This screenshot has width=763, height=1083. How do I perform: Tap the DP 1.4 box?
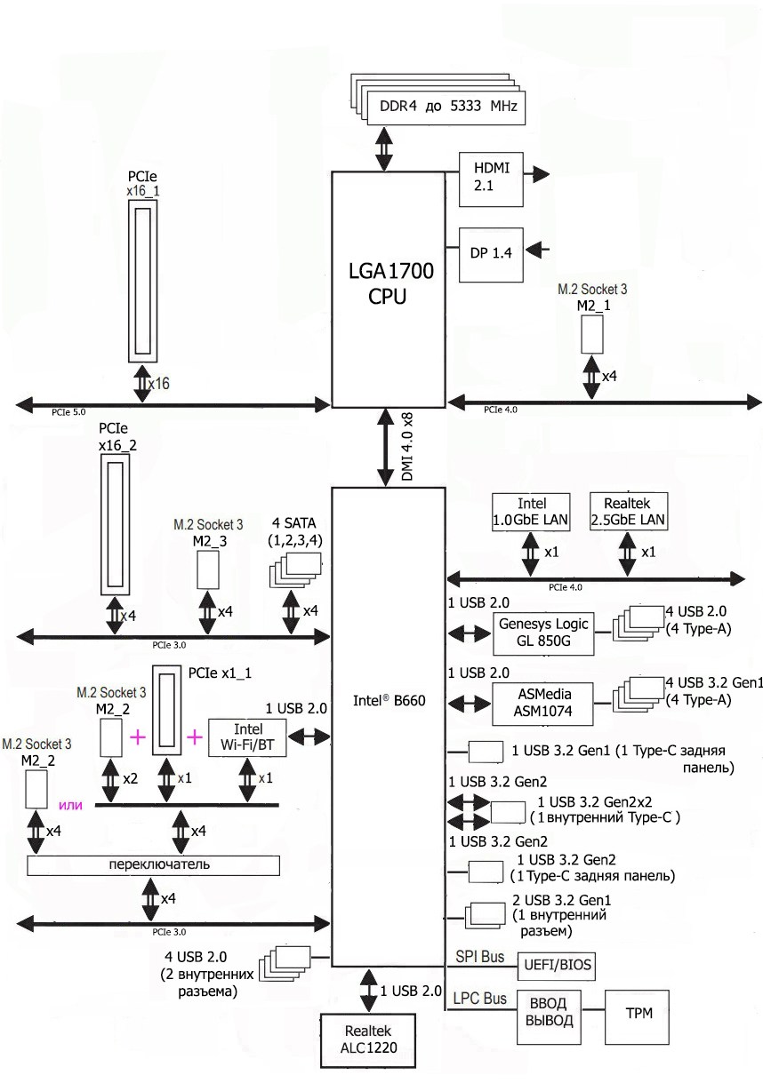tap(491, 253)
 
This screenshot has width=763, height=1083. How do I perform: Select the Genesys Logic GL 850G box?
tap(542, 633)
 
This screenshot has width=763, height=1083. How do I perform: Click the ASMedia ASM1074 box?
tap(542, 703)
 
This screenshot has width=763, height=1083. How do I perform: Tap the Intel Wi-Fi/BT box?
tap(247, 737)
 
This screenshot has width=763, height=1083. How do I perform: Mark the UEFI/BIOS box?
tap(558, 966)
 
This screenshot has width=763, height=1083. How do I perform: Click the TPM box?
tap(637, 1014)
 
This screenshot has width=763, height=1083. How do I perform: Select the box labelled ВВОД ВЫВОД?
tap(550, 1014)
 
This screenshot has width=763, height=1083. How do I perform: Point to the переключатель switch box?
tap(154, 864)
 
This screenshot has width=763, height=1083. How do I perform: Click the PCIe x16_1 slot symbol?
tap(143, 280)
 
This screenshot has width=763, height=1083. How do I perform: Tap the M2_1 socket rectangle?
tap(593, 332)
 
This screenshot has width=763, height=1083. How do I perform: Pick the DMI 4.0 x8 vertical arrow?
tap(387, 447)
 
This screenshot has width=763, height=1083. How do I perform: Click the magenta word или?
tap(70, 806)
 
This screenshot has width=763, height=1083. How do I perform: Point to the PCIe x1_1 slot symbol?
tap(165, 709)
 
